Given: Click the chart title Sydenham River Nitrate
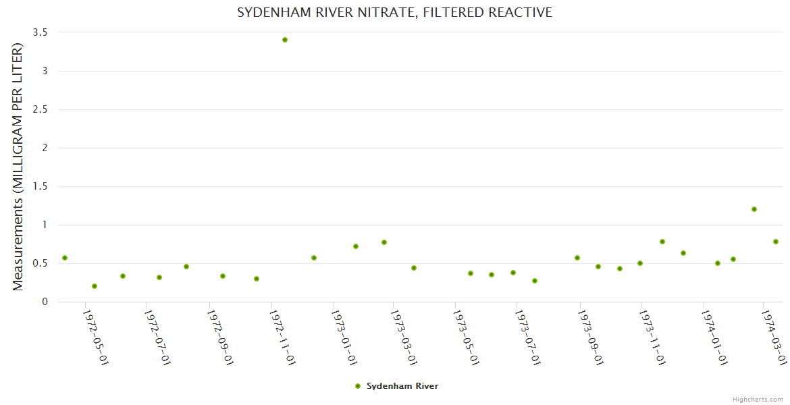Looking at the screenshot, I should point(394,13).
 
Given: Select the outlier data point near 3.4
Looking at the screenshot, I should point(285,40).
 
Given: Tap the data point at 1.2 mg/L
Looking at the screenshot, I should point(754,209).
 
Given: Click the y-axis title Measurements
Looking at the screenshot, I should point(18,167).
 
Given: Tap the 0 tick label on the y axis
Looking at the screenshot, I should point(45,302).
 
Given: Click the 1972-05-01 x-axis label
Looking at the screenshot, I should point(96,337).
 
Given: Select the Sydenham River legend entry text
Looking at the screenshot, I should point(402,386).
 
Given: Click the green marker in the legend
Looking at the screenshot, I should point(358,386).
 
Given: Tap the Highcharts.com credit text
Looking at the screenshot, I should point(758,400).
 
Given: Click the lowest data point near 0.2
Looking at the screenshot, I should point(95,286).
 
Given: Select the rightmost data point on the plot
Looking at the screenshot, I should point(776,242).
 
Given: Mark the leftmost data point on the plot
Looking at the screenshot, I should point(65,258).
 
